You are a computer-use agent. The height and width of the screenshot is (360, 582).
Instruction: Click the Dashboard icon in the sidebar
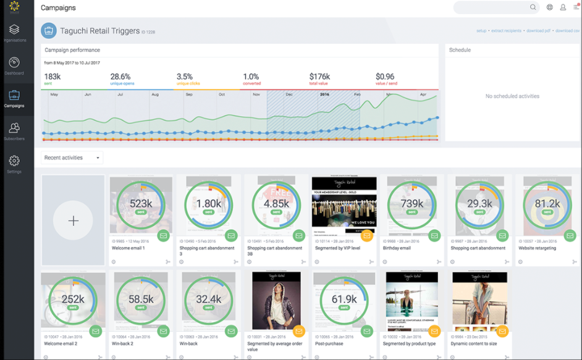(x=14, y=62)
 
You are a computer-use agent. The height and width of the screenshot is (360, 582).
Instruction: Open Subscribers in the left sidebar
(x=14, y=128)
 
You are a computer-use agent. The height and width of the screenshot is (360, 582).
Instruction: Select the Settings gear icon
(x=14, y=161)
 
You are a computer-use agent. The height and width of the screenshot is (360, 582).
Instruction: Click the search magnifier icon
(x=533, y=7)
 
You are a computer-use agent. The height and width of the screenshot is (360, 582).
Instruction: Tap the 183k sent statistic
(x=52, y=77)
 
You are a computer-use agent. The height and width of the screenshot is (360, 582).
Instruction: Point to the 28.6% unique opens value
(x=120, y=77)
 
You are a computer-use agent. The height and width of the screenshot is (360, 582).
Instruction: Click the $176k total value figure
(x=319, y=77)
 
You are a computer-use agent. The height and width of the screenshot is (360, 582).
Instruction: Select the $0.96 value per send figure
(x=385, y=77)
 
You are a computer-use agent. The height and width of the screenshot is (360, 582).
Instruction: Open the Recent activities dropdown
(x=72, y=158)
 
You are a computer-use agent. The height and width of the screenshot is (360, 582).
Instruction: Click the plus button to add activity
(x=73, y=220)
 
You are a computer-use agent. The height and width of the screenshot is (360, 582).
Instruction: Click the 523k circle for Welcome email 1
(x=141, y=204)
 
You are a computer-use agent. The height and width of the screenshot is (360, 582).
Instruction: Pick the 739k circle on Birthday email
(x=411, y=204)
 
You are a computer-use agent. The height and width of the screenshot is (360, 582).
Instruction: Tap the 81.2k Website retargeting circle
(x=547, y=204)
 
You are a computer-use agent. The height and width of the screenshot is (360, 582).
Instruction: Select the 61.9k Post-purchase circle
(x=344, y=300)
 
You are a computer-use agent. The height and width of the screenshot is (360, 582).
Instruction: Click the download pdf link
(x=538, y=31)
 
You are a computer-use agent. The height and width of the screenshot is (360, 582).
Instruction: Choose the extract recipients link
(x=506, y=31)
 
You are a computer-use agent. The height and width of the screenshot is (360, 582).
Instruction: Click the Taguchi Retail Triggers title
(x=99, y=31)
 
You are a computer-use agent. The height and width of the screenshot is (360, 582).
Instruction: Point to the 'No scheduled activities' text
(x=512, y=96)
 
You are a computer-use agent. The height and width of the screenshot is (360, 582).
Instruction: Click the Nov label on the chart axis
(x=256, y=94)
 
